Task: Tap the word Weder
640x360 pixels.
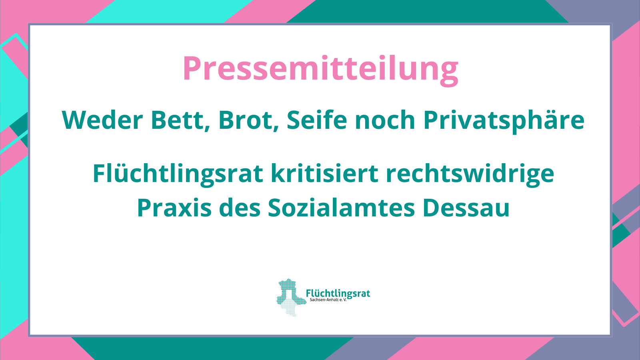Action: click(102, 120)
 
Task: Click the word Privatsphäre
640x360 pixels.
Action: click(504, 121)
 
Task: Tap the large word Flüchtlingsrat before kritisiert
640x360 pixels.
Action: click(178, 174)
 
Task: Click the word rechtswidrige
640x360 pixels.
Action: click(470, 174)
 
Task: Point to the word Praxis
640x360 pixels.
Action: click(174, 208)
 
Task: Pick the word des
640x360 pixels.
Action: click(240, 208)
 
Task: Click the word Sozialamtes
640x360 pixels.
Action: click(341, 208)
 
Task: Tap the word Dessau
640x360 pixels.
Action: click(466, 208)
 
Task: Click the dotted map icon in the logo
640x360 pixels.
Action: click(291, 298)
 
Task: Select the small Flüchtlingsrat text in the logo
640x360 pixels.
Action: click(338, 294)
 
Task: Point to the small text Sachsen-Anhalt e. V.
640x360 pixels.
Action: click(328, 300)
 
